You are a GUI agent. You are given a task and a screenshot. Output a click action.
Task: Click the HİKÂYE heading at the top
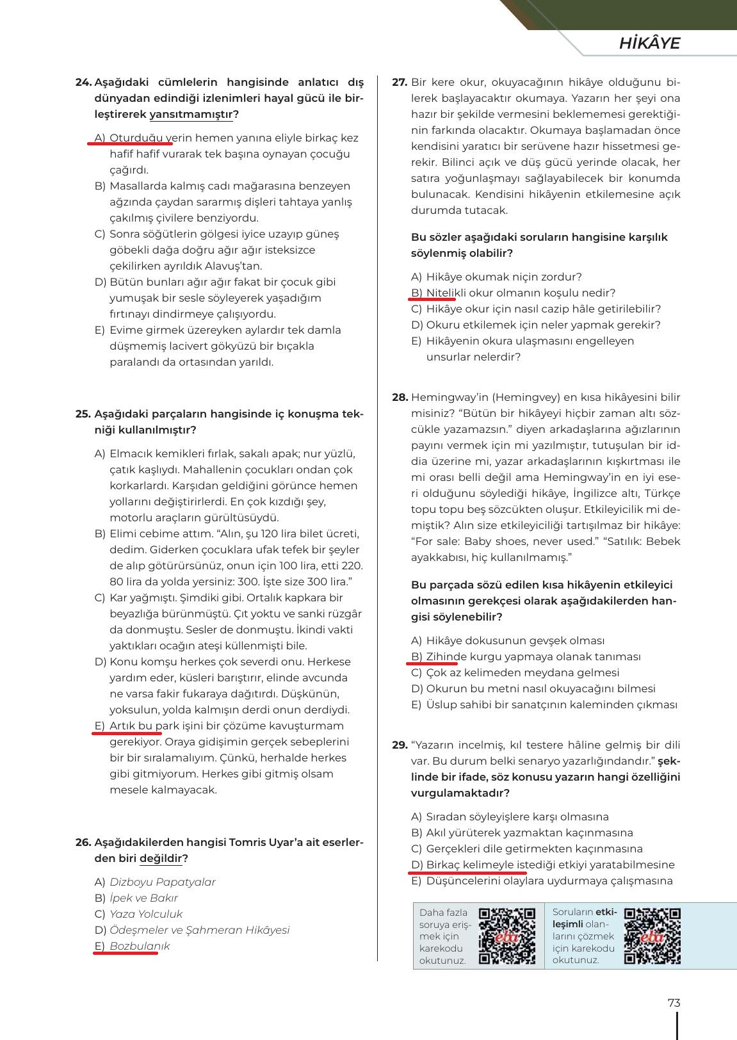point(649,43)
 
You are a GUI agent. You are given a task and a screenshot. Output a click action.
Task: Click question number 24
point(83,83)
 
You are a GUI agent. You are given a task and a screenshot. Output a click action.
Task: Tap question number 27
point(400,83)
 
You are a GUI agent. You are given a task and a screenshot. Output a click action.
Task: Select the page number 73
point(674,1003)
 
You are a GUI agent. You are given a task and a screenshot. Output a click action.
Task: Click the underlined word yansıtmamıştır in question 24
point(191,115)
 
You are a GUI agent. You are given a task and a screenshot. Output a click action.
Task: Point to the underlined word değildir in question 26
point(161,859)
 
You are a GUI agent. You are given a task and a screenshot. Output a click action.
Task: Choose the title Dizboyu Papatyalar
point(163,882)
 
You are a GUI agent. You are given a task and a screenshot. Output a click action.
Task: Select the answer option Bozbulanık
point(140,947)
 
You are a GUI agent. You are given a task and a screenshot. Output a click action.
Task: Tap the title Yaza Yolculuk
point(146,914)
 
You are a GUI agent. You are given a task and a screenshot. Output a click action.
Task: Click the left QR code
point(507,936)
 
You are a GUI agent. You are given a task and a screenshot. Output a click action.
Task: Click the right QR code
point(652,936)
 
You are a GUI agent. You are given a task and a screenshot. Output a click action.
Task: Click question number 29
point(400,745)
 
